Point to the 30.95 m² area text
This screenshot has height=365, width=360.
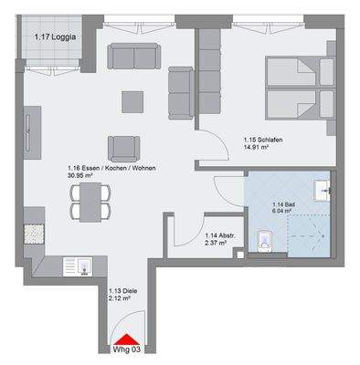click(x=81, y=175)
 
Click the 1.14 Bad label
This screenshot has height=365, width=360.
click(x=273, y=202)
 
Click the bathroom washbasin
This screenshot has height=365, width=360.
click(x=326, y=192)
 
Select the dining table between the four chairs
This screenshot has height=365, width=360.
click(x=90, y=201)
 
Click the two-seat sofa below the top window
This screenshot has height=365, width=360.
click(x=135, y=57)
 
